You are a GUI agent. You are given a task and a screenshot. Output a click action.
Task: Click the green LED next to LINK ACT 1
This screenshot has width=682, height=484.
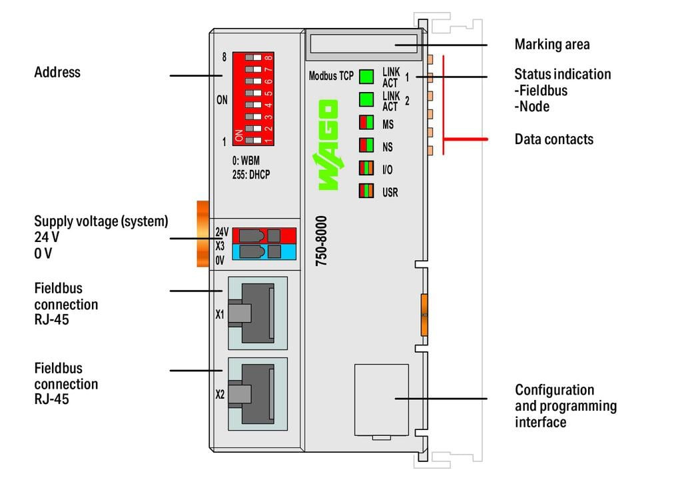point(366,76)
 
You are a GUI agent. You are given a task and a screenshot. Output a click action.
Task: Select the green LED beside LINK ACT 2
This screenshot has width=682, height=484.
point(366,100)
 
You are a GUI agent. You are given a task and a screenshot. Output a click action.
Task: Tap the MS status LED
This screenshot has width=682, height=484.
point(366,123)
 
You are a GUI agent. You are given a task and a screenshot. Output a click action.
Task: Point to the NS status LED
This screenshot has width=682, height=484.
point(366,145)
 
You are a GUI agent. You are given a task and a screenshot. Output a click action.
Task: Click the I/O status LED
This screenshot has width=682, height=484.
point(366,168)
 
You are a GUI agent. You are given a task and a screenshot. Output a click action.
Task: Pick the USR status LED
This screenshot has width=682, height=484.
point(366,191)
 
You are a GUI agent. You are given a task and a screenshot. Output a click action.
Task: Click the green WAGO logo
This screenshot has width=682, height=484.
point(328,145)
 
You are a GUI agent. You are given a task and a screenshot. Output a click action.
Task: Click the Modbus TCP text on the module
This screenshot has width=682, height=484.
point(331,76)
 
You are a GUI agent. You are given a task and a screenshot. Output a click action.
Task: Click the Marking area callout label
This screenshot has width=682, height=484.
point(551,45)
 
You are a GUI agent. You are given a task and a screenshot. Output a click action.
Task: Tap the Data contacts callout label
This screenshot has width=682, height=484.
point(553,139)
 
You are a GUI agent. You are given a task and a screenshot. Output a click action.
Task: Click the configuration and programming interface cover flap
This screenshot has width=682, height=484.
point(381,399)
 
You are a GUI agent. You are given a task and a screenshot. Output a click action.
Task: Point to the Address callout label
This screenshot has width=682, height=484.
point(57,72)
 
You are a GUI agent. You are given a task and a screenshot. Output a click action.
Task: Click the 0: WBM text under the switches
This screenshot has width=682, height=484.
point(246,161)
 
